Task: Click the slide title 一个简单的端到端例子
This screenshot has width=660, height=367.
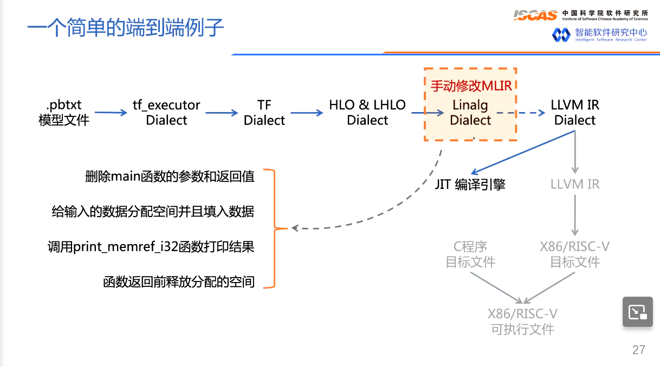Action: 126,27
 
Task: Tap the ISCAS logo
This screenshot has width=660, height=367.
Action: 536,15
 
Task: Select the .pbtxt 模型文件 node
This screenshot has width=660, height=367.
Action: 63,113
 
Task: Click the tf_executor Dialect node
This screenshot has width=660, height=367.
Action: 166,113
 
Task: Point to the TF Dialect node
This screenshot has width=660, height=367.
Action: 264,113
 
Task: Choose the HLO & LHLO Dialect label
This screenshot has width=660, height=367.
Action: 367,113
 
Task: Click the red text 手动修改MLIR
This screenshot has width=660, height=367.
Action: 471,86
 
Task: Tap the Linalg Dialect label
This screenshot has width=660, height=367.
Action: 470,113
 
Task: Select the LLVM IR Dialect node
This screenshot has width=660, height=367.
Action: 575,113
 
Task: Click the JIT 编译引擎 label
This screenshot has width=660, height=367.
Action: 470,185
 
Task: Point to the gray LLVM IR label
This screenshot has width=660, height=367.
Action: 575,185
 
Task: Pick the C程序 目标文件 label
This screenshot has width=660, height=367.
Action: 470,255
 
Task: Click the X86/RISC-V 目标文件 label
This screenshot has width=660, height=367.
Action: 575,255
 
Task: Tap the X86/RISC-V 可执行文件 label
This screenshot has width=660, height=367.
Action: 522,322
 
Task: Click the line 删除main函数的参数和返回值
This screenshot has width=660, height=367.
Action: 170,177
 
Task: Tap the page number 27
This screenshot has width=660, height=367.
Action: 639,350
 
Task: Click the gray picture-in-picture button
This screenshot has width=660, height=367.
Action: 637,312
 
